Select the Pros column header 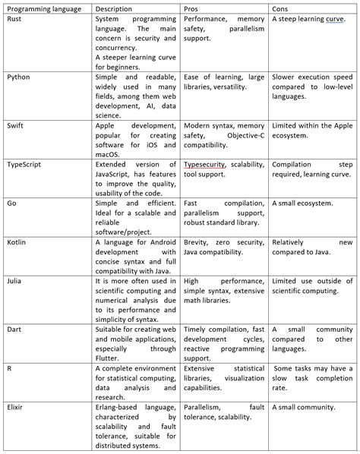point(192,7)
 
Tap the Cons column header point(280,7)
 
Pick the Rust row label point(15,18)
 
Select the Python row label point(19,76)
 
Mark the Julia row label point(16,281)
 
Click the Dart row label point(15,329)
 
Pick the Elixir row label point(17,408)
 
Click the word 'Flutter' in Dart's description point(109,358)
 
